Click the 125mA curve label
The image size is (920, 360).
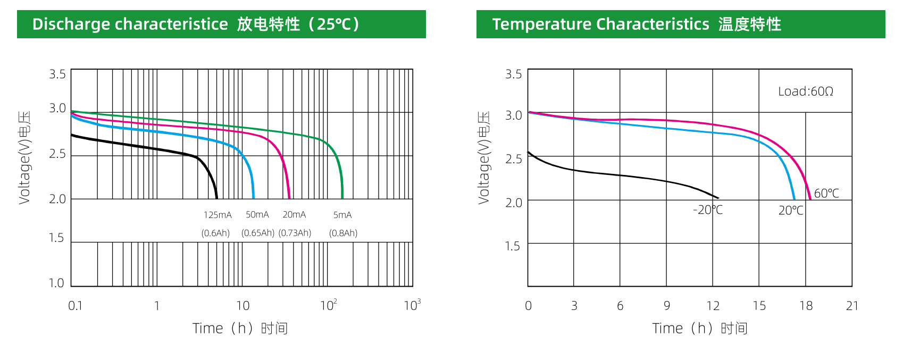pyautogui.click(x=218, y=215)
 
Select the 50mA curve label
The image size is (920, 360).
pyautogui.click(x=257, y=214)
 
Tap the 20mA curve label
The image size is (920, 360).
pyautogui.click(x=294, y=214)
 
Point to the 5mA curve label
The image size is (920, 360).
pyautogui.click(x=342, y=215)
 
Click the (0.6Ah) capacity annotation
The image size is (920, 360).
pyautogui.click(x=215, y=233)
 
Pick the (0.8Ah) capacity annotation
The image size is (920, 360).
pyautogui.click(x=343, y=233)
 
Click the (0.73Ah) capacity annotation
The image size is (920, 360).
pyautogui.click(x=295, y=233)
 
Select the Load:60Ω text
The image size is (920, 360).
pyautogui.click(x=805, y=91)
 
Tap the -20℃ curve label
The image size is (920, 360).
pyautogui.click(x=707, y=210)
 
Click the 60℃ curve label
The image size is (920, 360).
pyautogui.click(x=826, y=194)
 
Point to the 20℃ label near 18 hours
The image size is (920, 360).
pyautogui.click(x=791, y=211)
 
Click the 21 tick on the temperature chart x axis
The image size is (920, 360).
pyautogui.click(x=852, y=306)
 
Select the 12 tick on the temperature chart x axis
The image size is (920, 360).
pyautogui.click(x=713, y=306)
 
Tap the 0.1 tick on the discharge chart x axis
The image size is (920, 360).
pyautogui.click(x=75, y=306)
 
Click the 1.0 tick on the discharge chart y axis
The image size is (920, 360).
pyautogui.click(x=56, y=283)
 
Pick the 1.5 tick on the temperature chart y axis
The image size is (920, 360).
pyautogui.click(x=513, y=246)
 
